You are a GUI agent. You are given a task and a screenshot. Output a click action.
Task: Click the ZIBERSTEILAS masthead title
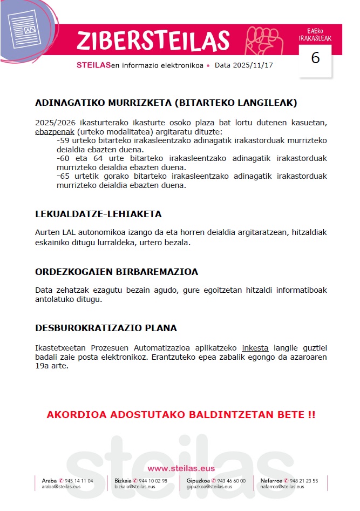[153, 41]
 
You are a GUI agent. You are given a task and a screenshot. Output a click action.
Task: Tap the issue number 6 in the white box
[316, 58]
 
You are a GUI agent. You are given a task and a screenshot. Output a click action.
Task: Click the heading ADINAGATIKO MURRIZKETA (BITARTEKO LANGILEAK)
[166, 103]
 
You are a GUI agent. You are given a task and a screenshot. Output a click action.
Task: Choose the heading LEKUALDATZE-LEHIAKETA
[98, 214]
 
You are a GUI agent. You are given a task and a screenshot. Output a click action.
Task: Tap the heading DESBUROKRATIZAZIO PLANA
[106, 328]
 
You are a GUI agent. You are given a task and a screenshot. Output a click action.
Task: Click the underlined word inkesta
[255, 347]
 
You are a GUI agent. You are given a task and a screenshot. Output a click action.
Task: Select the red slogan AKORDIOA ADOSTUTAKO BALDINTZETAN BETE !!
[181, 415]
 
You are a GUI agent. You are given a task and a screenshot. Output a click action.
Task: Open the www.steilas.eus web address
[181, 468]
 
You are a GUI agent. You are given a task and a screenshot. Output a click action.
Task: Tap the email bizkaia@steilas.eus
[135, 487]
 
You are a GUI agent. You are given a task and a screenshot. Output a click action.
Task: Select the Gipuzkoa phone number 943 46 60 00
[231, 481]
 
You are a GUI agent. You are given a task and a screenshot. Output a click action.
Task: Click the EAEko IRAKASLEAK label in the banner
[315, 35]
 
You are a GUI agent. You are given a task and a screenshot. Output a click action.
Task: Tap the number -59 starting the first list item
[63, 140]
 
